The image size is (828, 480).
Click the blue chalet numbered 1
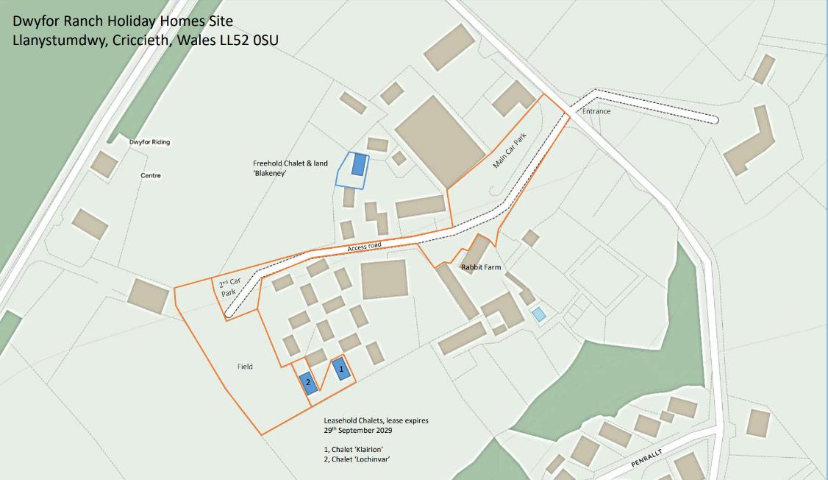click(x=340, y=369)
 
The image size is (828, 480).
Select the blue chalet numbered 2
click(x=308, y=382)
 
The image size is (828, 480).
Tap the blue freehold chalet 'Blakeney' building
click(x=358, y=164)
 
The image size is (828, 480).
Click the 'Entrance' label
click(x=596, y=111)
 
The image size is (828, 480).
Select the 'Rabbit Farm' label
click(x=481, y=267)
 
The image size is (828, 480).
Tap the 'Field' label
click(x=245, y=367)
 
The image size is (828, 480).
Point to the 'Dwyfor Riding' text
click(x=149, y=142)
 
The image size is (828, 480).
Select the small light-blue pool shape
click(x=538, y=314)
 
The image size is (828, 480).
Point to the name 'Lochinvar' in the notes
click(x=371, y=459)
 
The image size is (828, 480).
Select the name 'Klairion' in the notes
click(x=371, y=449)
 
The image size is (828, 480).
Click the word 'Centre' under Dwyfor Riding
click(x=151, y=176)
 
